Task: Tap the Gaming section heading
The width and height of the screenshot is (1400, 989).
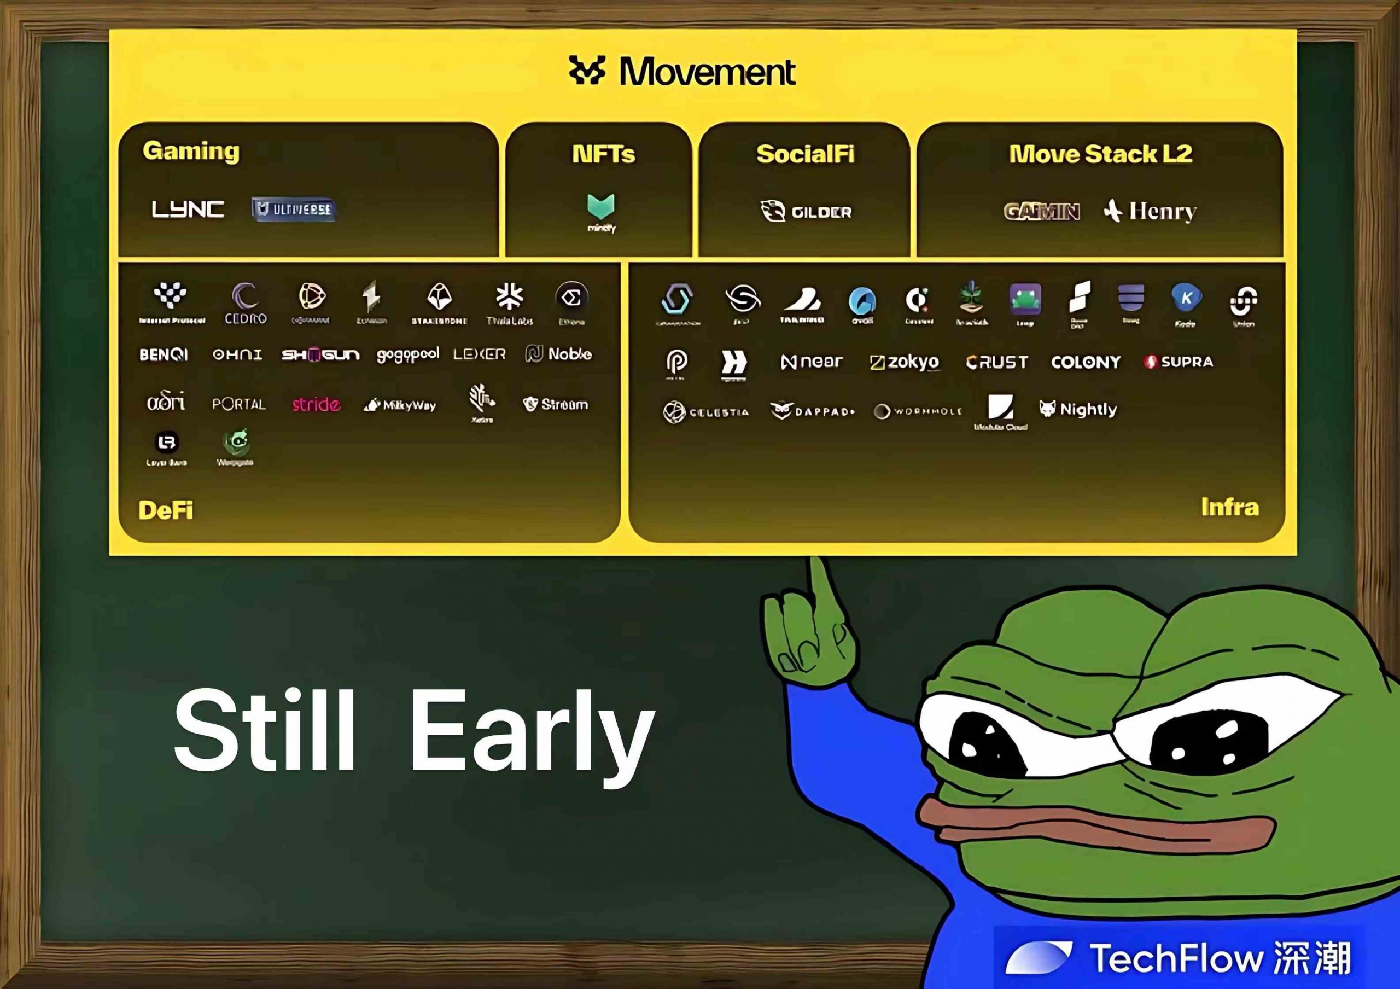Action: pos(191,150)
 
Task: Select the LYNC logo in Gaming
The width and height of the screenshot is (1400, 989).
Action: pos(188,209)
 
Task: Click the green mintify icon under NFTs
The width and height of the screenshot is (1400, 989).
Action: pos(601,208)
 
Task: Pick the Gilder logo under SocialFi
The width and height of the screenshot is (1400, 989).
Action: pos(806,212)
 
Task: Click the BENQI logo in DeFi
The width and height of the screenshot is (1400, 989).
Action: pos(164,354)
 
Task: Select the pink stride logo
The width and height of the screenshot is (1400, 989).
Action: pos(316,404)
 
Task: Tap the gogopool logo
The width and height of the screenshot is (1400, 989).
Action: pos(407,354)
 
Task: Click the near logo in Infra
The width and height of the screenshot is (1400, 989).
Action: pos(812,362)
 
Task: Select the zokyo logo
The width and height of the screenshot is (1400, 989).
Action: pos(905,362)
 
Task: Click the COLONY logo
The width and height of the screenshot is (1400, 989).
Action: pos(1086,362)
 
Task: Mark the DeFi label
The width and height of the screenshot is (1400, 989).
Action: pos(166,510)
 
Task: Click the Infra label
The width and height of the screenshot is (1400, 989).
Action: pos(1229,507)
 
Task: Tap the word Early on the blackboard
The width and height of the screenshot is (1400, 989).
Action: pos(532,732)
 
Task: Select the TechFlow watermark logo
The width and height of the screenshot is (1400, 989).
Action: pos(1177,957)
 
